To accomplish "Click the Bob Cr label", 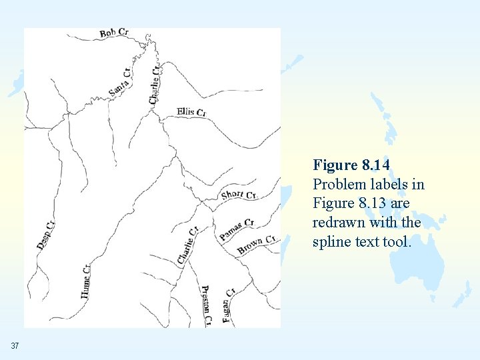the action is tap(114, 33).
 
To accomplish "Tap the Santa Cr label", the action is tap(119, 82).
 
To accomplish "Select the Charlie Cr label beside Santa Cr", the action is tap(155, 83).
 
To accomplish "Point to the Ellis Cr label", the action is tap(191, 112).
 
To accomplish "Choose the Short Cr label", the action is tap(239, 194).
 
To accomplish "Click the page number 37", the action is tap(15, 345).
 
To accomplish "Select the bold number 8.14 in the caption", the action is tap(375, 165).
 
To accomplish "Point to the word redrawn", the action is tap(336, 222).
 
